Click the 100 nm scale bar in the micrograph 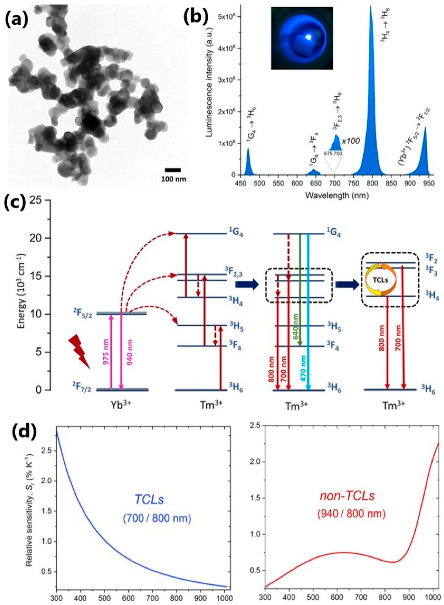click(173, 170)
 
